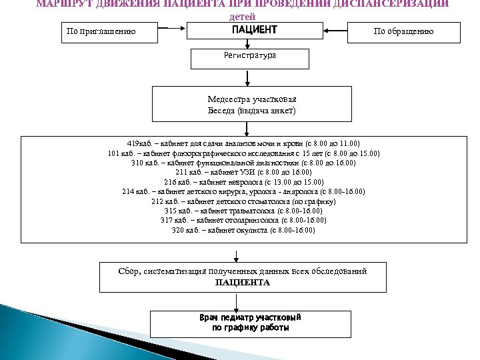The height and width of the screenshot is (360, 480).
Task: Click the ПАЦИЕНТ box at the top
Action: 253,31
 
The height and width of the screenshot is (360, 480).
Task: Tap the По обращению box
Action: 403,31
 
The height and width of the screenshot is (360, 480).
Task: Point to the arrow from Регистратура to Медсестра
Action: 247,78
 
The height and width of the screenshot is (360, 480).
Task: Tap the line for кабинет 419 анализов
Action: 244,143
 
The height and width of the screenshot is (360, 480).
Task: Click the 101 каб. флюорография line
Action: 244,153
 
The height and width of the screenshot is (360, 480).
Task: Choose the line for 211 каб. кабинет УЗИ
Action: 244,172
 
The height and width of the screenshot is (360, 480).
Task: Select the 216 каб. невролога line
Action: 244,181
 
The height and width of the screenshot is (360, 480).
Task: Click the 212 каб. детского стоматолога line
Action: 244,201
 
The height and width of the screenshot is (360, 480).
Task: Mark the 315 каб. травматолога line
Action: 244,211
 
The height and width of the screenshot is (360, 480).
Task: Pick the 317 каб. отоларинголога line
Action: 244,220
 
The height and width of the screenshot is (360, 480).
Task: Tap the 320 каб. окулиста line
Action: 244,230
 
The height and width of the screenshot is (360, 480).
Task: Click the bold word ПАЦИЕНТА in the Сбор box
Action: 243,283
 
